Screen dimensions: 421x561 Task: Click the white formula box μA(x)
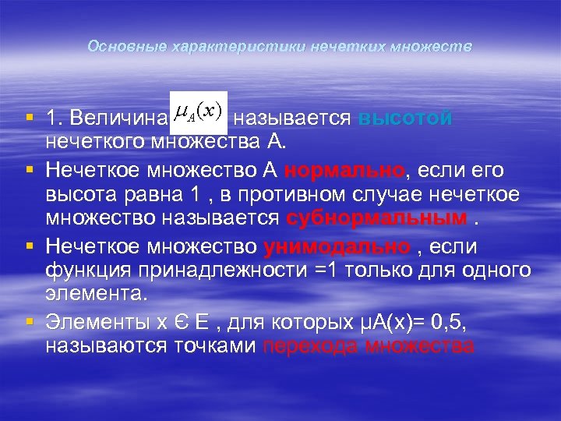click(199, 114)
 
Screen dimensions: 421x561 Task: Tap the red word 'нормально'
click(344, 171)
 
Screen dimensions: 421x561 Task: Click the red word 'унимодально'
click(337, 247)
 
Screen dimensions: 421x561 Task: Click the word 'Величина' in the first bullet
click(117, 119)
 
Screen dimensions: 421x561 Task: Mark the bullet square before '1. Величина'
click(29, 119)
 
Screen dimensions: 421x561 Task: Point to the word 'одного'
click(495, 270)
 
